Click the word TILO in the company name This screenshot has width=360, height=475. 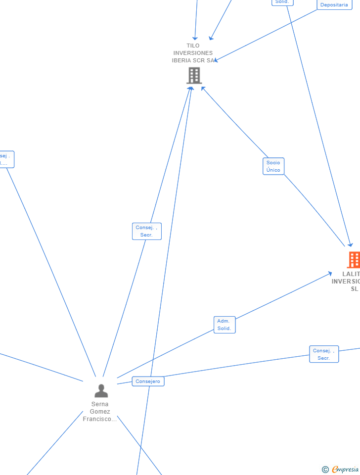[x=193, y=46]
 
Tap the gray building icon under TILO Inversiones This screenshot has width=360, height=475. [x=194, y=76]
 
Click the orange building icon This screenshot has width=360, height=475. [x=354, y=259]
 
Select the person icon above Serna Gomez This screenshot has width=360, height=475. [x=101, y=391]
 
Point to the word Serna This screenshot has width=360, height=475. [x=100, y=404]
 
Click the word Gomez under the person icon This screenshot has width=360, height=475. [x=100, y=412]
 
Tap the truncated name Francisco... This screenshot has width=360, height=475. [x=100, y=419]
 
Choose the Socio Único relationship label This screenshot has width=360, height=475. [x=273, y=166]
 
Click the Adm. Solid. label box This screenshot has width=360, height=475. [x=225, y=325]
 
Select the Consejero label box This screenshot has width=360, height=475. [x=148, y=381]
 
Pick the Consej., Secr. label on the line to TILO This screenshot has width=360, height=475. [x=147, y=231]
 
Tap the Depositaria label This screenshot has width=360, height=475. [x=334, y=4]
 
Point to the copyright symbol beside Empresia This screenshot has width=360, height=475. [x=325, y=470]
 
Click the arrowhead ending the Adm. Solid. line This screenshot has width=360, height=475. [x=330, y=273]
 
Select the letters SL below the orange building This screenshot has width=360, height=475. [x=354, y=289]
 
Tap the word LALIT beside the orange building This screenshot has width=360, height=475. [x=351, y=274]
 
